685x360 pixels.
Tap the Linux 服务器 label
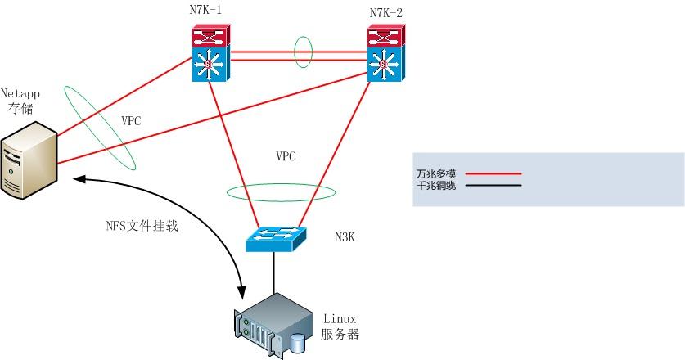click(340, 326)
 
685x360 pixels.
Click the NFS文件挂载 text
click(142, 227)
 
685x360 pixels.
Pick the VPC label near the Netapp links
click(131, 120)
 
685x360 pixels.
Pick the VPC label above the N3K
click(286, 155)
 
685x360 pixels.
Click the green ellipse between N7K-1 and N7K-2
click(304, 52)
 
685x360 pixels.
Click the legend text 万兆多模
click(435, 173)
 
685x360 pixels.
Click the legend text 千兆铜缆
click(435, 186)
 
